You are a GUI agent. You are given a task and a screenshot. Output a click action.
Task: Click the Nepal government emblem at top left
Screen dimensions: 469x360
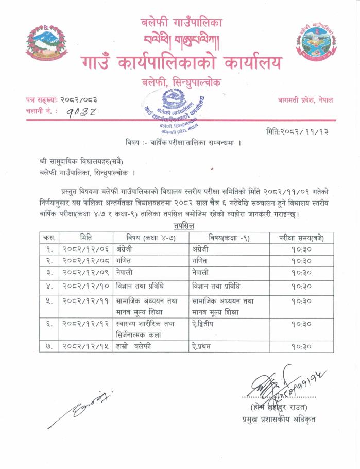(45, 42)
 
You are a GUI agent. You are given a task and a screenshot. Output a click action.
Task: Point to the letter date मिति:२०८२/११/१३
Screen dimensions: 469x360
(297, 131)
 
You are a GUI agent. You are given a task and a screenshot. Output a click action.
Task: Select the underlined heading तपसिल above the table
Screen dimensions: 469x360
(180, 226)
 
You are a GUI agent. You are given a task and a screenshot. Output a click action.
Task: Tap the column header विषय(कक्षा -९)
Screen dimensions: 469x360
(230, 238)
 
